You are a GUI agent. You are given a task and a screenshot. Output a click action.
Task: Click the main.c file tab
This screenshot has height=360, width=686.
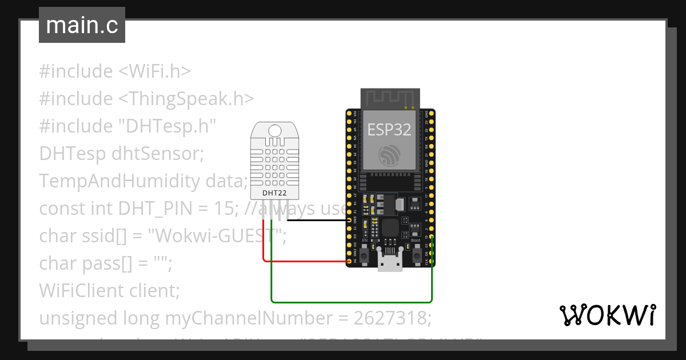click(x=82, y=26)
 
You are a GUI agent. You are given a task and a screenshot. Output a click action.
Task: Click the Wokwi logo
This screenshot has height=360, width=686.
click(x=607, y=315)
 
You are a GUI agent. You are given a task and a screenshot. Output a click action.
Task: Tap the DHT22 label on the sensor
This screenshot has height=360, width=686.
click(x=274, y=193)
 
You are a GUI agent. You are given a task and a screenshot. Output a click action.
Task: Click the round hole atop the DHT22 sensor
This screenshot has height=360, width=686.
click(x=274, y=131)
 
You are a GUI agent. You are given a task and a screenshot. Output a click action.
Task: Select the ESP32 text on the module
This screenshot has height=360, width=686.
click(x=389, y=129)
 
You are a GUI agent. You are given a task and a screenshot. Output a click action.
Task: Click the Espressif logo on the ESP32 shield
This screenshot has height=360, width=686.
click(x=389, y=154)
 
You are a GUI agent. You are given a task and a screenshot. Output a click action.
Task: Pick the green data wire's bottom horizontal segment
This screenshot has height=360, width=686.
click(x=352, y=301)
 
